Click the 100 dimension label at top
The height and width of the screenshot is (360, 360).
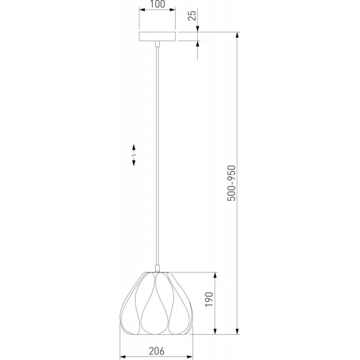[157, 4]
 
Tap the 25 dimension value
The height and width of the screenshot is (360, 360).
[192, 16]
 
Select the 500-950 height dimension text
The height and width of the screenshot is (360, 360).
[231, 183]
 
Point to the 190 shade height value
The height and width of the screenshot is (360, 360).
[209, 299]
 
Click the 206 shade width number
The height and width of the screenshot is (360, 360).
[157, 351]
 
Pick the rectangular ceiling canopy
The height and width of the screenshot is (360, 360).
[157, 36]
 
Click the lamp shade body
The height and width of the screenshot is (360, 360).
[156, 303]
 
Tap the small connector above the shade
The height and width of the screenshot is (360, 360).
[157, 268]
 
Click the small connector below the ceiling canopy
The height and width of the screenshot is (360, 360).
[157, 44]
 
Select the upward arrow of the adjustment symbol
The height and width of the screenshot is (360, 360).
[134, 148]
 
